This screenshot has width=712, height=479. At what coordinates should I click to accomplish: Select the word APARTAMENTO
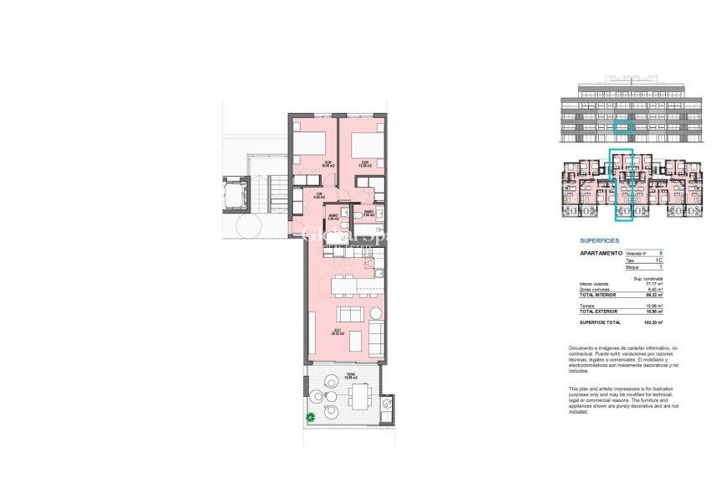pos(601,253)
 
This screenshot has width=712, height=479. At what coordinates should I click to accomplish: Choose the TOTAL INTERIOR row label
pos(597,296)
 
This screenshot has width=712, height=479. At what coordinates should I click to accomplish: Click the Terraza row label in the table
pos(587,305)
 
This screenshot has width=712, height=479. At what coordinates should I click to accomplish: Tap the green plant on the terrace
pos(311,415)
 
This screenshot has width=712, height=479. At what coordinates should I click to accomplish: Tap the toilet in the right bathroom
pos(358,216)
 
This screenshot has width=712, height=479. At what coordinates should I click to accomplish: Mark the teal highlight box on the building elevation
pos(621,126)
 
